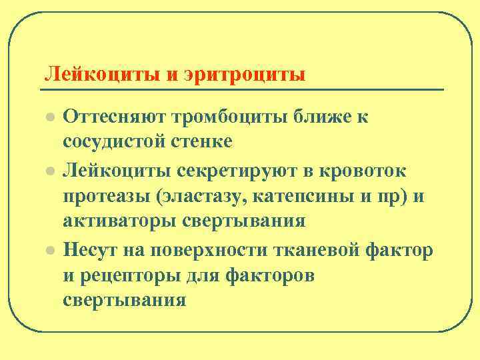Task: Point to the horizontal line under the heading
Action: click(243, 89)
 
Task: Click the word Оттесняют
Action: click(113, 117)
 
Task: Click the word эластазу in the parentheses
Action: click(209, 196)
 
